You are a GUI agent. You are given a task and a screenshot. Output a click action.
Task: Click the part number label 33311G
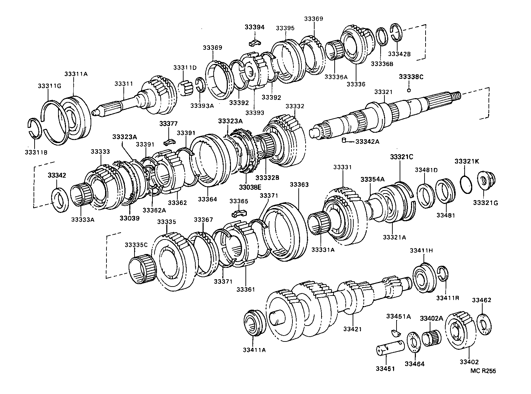coord(49,86)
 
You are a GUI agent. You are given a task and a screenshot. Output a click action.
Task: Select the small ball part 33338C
coord(409,90)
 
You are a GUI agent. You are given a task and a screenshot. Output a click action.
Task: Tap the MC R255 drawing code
coord(483,371)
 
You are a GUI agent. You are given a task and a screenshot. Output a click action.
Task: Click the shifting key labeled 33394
coord(254,43)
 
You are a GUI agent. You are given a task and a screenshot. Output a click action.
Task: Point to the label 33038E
coord(250,187)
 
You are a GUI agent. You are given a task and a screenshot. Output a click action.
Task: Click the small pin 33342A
coord(344,140)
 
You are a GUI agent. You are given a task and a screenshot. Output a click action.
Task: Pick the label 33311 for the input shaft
coord(124,84)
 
